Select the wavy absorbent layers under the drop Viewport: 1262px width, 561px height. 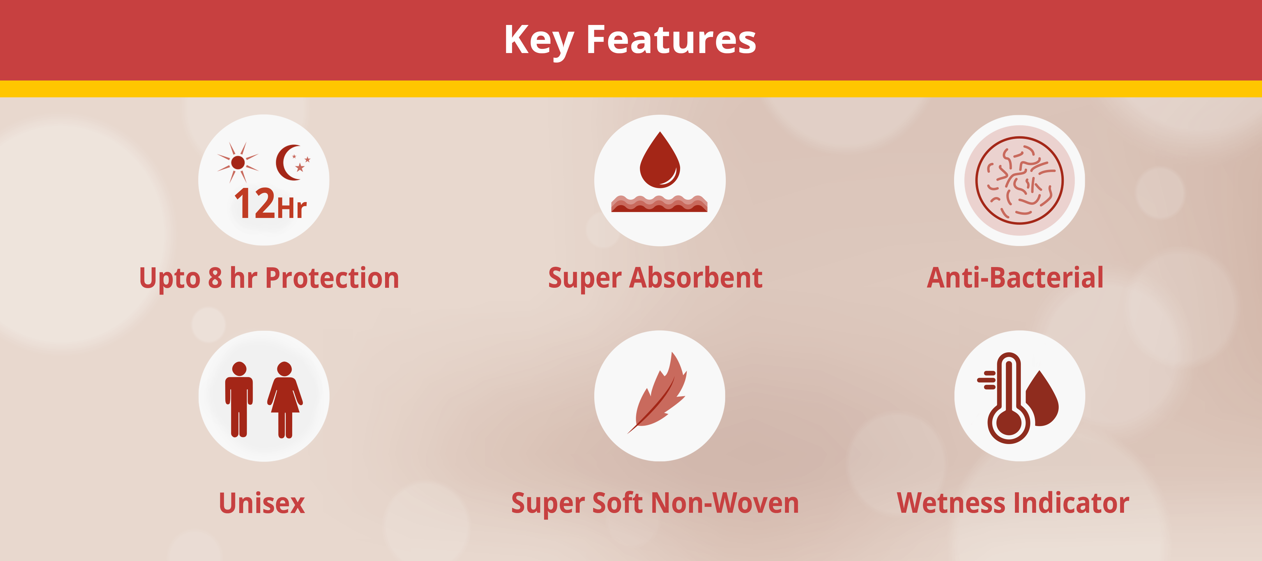(x=659, y=203)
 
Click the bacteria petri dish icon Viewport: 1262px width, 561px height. (x=1019, y=180)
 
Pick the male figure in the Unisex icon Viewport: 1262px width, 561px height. (x=239, y=399)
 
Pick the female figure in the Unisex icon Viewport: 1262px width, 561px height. (x=285, y=399)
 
